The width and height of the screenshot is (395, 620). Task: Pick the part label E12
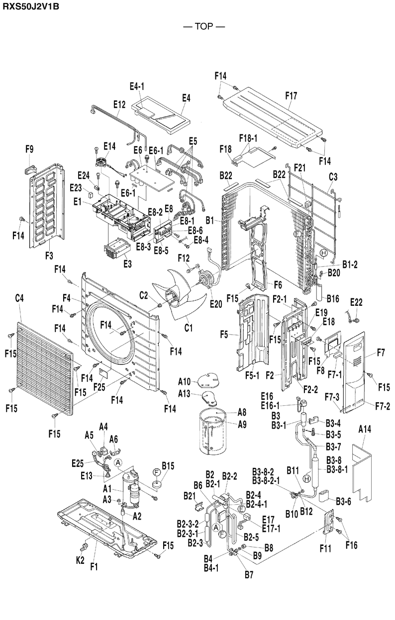(119, 105)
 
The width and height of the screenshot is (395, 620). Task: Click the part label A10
(185, 381)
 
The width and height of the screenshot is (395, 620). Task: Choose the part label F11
(325, 548)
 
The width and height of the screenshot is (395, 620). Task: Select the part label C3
(333, 176)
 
